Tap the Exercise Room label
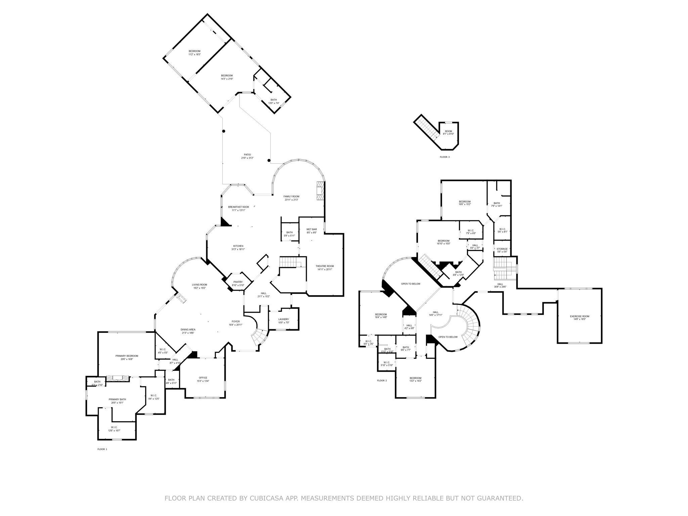(x=579, y=316)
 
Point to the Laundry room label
(x=284, y=319)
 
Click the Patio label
(x=247, y=155)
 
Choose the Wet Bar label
(x=311, y=229)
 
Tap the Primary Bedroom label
(x=127, y=356)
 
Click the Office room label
(x=203, y=378)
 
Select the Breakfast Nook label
(x=239, y=207)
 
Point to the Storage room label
(x=502, y=249)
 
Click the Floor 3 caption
(x=444, y=157)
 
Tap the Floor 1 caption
(x=102, y=449)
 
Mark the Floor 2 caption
(x=382, y=381)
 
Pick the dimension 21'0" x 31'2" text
(x=247, y=158)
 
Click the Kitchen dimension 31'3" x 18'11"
(x=238, y=249)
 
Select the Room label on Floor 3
(x=448, y=131)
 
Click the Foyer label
(x=235, y=321)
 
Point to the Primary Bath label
(x=117, y=399)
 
